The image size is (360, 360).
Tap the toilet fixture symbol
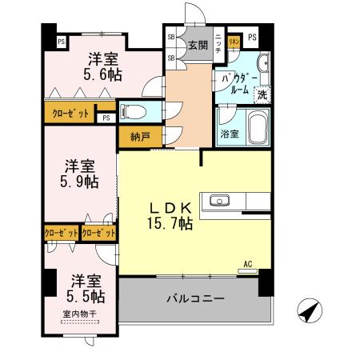click(x=134, y=111)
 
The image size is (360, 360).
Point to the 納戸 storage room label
click(x=137, y=136)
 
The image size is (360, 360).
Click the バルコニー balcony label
click(x=196, y=298)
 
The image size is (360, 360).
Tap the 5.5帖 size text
click(x=83, y=296)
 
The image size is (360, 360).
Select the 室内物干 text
click(x=78, y=314)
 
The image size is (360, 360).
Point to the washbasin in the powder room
click(x=263, y=66)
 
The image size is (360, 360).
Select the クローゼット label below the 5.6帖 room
click(x=71, y=112)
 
